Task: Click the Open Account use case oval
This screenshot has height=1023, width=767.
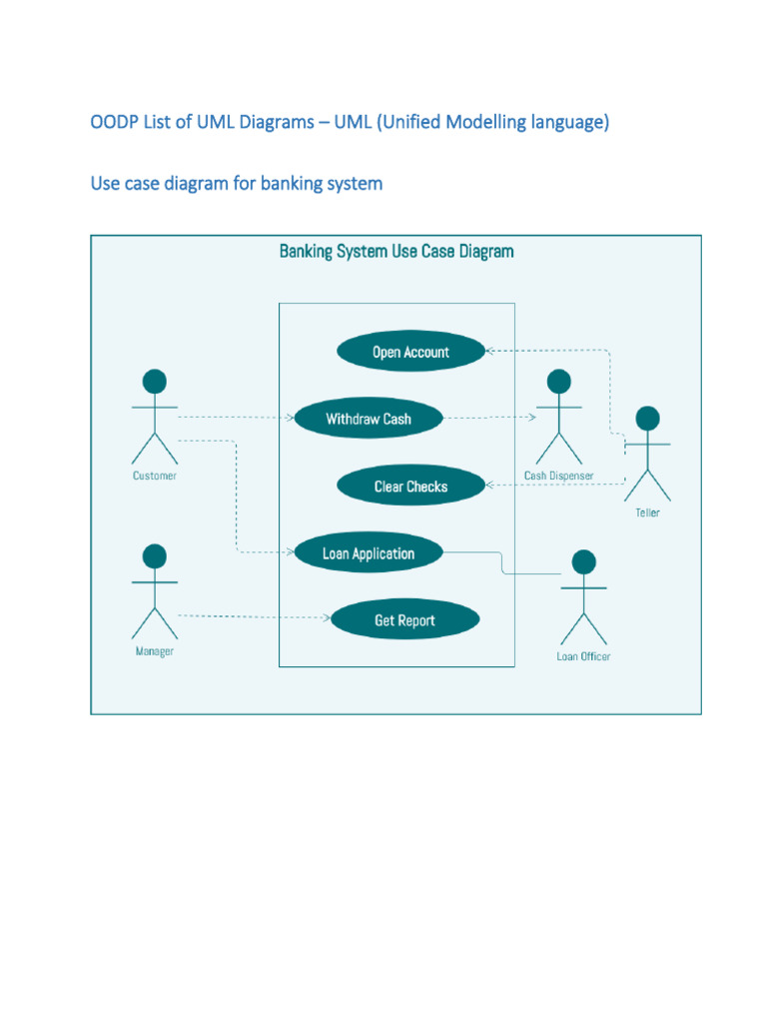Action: [x=410, y=352]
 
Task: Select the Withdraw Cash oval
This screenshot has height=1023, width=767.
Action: [x=368, y=419]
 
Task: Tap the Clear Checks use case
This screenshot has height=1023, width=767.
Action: [x=410, y=487]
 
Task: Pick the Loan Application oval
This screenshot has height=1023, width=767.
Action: [x=368, y=553]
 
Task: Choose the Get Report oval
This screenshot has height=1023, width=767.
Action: [x=404, y=620]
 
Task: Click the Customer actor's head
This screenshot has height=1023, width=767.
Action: [x=154, y=382]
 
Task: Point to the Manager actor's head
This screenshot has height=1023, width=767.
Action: [x=154, y=555]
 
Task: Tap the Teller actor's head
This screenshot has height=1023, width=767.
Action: [x=647, y=418]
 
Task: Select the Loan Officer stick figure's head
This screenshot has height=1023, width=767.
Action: [x=583, y=561]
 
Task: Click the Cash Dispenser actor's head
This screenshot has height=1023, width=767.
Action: [x=559, y=382]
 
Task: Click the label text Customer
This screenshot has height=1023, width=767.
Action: [x=155, y=477]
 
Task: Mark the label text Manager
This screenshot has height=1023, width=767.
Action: [x=155, y=651]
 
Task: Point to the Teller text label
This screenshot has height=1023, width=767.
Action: [x=647, y=513]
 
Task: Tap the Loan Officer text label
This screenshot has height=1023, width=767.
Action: [x=583, y=657]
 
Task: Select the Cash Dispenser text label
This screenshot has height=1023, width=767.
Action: [x=559, y=477]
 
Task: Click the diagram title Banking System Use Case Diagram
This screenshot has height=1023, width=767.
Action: [x=396, y=252]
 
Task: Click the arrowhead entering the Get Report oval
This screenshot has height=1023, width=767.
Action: [x=327, y=618]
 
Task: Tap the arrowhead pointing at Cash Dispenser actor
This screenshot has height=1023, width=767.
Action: [x=532, y=419]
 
